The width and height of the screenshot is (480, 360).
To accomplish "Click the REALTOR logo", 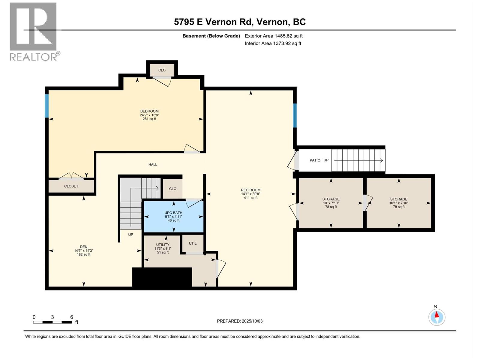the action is [34, 32].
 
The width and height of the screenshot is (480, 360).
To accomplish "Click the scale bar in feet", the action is [52, 322].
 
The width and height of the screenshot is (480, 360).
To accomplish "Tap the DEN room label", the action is [83, 247].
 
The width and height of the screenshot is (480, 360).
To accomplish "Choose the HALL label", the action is [153, 164].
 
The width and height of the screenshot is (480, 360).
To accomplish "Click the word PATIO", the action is [315, 160].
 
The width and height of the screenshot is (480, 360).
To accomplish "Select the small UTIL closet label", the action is [193, 243].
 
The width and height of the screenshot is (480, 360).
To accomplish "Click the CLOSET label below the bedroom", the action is [71, 186].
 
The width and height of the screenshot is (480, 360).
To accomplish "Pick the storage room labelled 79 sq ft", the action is [399, 203].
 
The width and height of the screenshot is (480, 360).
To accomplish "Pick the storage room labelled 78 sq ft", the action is [331, 203].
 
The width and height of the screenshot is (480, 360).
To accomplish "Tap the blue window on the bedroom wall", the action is [46, 106].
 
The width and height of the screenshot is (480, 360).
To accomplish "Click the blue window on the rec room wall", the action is [295, 115].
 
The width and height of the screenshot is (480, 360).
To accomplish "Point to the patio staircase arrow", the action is [358, 160].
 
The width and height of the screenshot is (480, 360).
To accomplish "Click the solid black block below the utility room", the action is [162, 277].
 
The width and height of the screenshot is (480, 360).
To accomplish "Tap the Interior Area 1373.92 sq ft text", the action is [273, 43].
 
